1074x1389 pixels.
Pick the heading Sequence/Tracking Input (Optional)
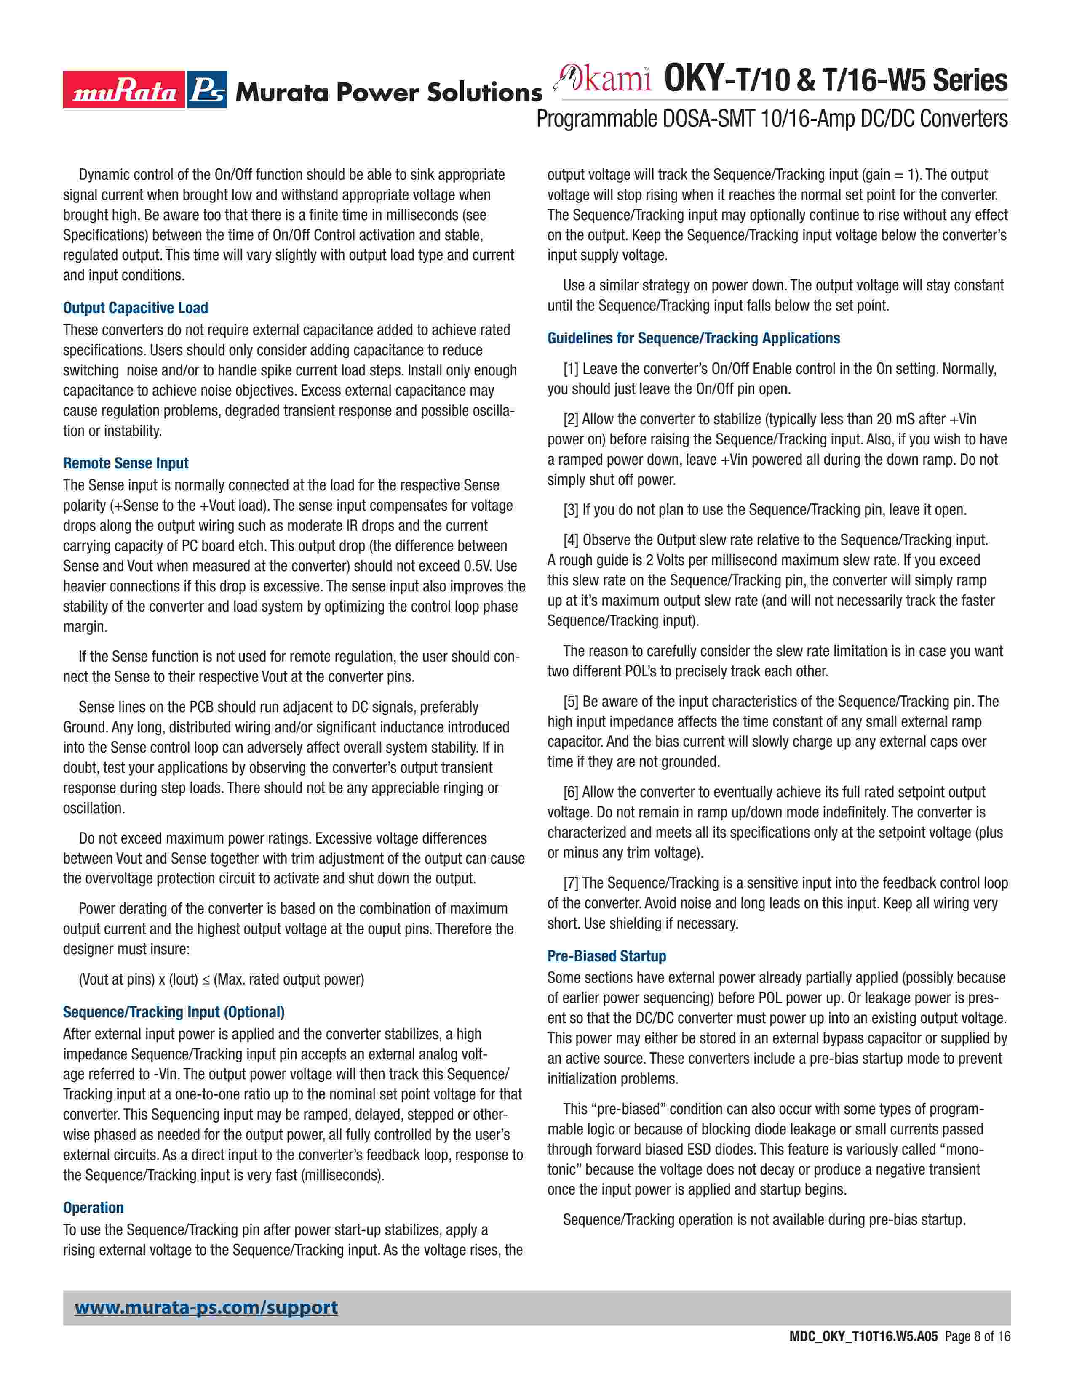click(x=174, y=1012)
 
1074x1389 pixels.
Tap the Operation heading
click(x=93, y=1208)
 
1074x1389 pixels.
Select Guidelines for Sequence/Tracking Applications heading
click(x=694, y=338)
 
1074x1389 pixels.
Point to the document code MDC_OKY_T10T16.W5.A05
click(x=863, y=1354)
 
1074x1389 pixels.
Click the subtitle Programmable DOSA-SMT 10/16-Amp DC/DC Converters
click(x=772, y=119)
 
